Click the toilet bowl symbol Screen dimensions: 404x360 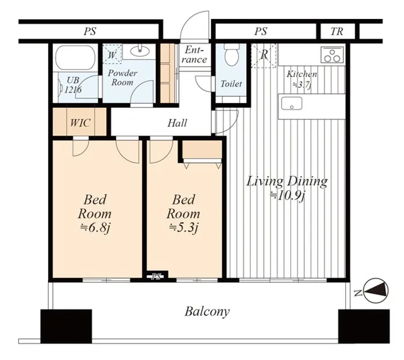(x=232, y=55)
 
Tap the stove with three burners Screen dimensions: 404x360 (x=332, y=54)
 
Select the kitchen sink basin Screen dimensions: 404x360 (x=292, y=104)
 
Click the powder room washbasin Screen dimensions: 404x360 (x=140, y=51)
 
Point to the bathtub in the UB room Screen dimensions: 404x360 (x=76, y=57)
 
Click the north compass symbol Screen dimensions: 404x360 (x=376, y=291)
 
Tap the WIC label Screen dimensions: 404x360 (x=80, y=123)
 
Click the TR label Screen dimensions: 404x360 (x=336, y=32)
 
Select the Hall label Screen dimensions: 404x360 (x=177, y=123)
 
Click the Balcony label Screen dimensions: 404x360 (x=207, y=312)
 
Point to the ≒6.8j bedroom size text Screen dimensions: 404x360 (x=95, y=228)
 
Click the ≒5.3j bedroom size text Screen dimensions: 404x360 (x=184, y=228)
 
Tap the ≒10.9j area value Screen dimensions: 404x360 (x=288, y=196)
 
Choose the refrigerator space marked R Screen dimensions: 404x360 (x=264, y=56)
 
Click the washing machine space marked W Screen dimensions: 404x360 (x=112, y=54)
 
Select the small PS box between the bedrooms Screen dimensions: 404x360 (x=156, y=277)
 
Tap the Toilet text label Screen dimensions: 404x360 (x=231, y=84)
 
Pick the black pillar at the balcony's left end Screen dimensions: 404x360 (x=66, y=327)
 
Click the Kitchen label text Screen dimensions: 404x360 (x=302, y=75)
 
